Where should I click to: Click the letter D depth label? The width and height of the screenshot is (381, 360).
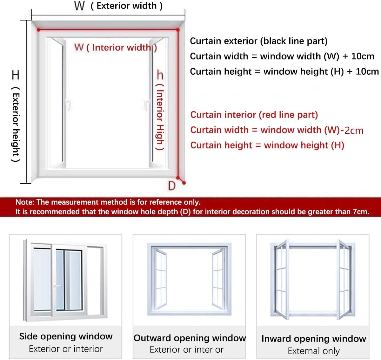point(172,186)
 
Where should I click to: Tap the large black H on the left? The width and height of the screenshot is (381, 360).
point(16,75)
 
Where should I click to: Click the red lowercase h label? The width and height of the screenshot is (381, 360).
point(160,75)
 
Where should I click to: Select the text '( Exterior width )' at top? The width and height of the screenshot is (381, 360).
point(126,6)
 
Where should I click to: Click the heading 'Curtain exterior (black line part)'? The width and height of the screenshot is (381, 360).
point(258,41)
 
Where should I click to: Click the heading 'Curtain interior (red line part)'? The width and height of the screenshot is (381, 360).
point(254,115)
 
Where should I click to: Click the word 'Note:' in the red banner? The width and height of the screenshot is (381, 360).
point(25,202)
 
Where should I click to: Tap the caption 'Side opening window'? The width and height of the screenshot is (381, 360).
point(66,336)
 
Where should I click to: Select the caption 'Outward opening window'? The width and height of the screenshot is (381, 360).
point(190,338)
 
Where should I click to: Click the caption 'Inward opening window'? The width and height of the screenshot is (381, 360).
point(314,339)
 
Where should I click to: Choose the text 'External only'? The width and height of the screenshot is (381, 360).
point(314,351)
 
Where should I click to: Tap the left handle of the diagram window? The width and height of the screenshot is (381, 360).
point(68,105)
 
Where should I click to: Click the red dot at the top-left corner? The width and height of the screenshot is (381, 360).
point(38,30)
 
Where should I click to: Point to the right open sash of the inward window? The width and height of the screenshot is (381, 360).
point(344,279)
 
